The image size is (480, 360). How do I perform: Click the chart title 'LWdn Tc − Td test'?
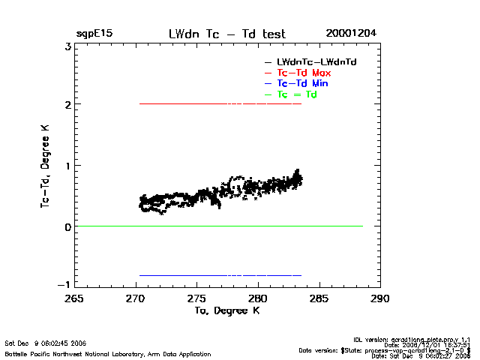226,34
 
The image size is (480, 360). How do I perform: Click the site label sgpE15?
94,34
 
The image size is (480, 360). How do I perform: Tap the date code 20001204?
351,34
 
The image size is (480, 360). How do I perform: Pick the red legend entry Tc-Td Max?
304,73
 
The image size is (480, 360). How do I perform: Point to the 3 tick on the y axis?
67,46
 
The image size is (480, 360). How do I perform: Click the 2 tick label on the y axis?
67,105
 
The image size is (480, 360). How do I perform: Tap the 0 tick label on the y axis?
67,226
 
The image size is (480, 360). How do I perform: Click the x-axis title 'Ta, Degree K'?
226,310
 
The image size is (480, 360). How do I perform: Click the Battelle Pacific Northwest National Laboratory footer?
108,354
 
